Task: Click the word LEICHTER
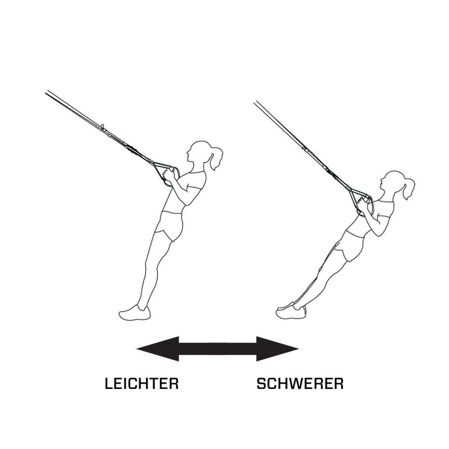tap(142, 384)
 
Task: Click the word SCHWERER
tap(300, 384)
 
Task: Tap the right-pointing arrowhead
tap(276, 349)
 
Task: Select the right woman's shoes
tap(291, 310)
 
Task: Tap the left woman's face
tap(192, 153)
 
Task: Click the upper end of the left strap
tap(48, 93)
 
